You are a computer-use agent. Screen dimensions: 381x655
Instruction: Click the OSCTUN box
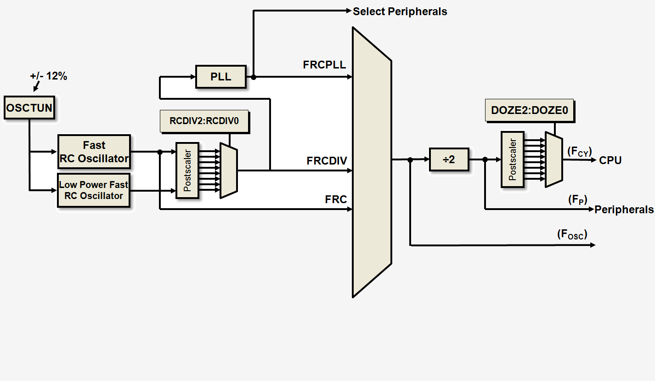[29, 108]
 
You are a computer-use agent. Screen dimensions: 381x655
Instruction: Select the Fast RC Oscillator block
[94, 152]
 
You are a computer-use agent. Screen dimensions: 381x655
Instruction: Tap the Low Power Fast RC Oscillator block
[94, 190]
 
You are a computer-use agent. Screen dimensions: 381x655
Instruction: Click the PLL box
[220, 77]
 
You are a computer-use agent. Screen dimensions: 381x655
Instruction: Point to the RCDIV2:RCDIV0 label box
[204, 122]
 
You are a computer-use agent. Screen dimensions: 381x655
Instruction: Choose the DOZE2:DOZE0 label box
[529, 110]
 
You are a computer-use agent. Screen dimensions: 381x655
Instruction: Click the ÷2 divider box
[449, 159]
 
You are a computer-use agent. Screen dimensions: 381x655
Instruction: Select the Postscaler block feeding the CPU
[513, 159]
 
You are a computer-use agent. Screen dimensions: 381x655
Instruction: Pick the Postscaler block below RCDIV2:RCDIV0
[187, 170]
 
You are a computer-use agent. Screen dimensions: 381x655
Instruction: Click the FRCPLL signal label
[324, 65]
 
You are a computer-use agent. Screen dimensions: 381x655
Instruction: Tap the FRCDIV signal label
[327, 161]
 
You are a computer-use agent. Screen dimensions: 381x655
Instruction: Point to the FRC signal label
[336, 199]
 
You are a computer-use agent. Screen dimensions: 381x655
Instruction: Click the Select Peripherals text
[400, 11]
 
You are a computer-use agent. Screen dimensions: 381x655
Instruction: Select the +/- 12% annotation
[49, 76]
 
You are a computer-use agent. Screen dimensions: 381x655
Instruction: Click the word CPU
[610, 160]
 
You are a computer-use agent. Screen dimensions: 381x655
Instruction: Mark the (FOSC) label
[572, 234]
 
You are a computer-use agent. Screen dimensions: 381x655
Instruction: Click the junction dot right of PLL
[254, 77]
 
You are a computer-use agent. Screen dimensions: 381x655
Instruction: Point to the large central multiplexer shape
[372, 162]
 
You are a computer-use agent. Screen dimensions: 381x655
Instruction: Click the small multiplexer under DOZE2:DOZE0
[553, 159]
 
